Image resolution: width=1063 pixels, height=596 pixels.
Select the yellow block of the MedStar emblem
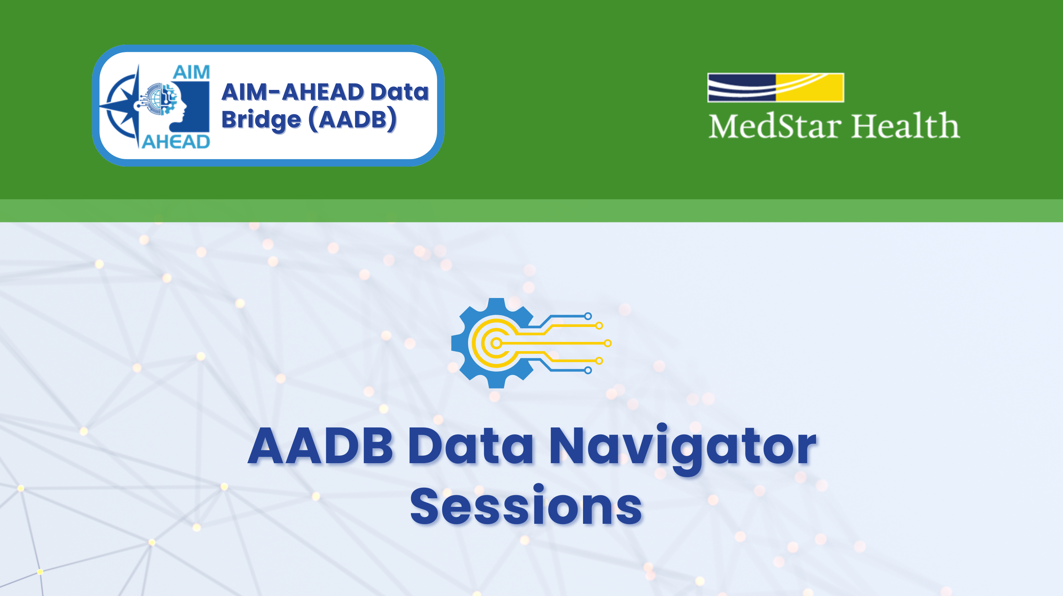(x=810, y=87)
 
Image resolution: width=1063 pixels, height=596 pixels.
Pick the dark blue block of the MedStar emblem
(x=742, y=87)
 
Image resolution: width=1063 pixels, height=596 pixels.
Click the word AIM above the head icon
(x=191, y=73)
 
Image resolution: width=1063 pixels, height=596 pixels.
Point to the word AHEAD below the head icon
(x=176, y=142)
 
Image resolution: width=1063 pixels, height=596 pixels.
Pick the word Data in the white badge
(x=399, y=92)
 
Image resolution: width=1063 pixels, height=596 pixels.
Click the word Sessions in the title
(x=526, y=506)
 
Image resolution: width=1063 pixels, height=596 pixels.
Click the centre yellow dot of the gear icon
(x=496, y=343)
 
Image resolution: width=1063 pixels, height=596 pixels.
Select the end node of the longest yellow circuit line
(x=608, y=343)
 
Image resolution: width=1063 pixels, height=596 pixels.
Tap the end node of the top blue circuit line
(x=588, y=316)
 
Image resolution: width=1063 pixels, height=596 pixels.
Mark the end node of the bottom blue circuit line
(x=588, y=370)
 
